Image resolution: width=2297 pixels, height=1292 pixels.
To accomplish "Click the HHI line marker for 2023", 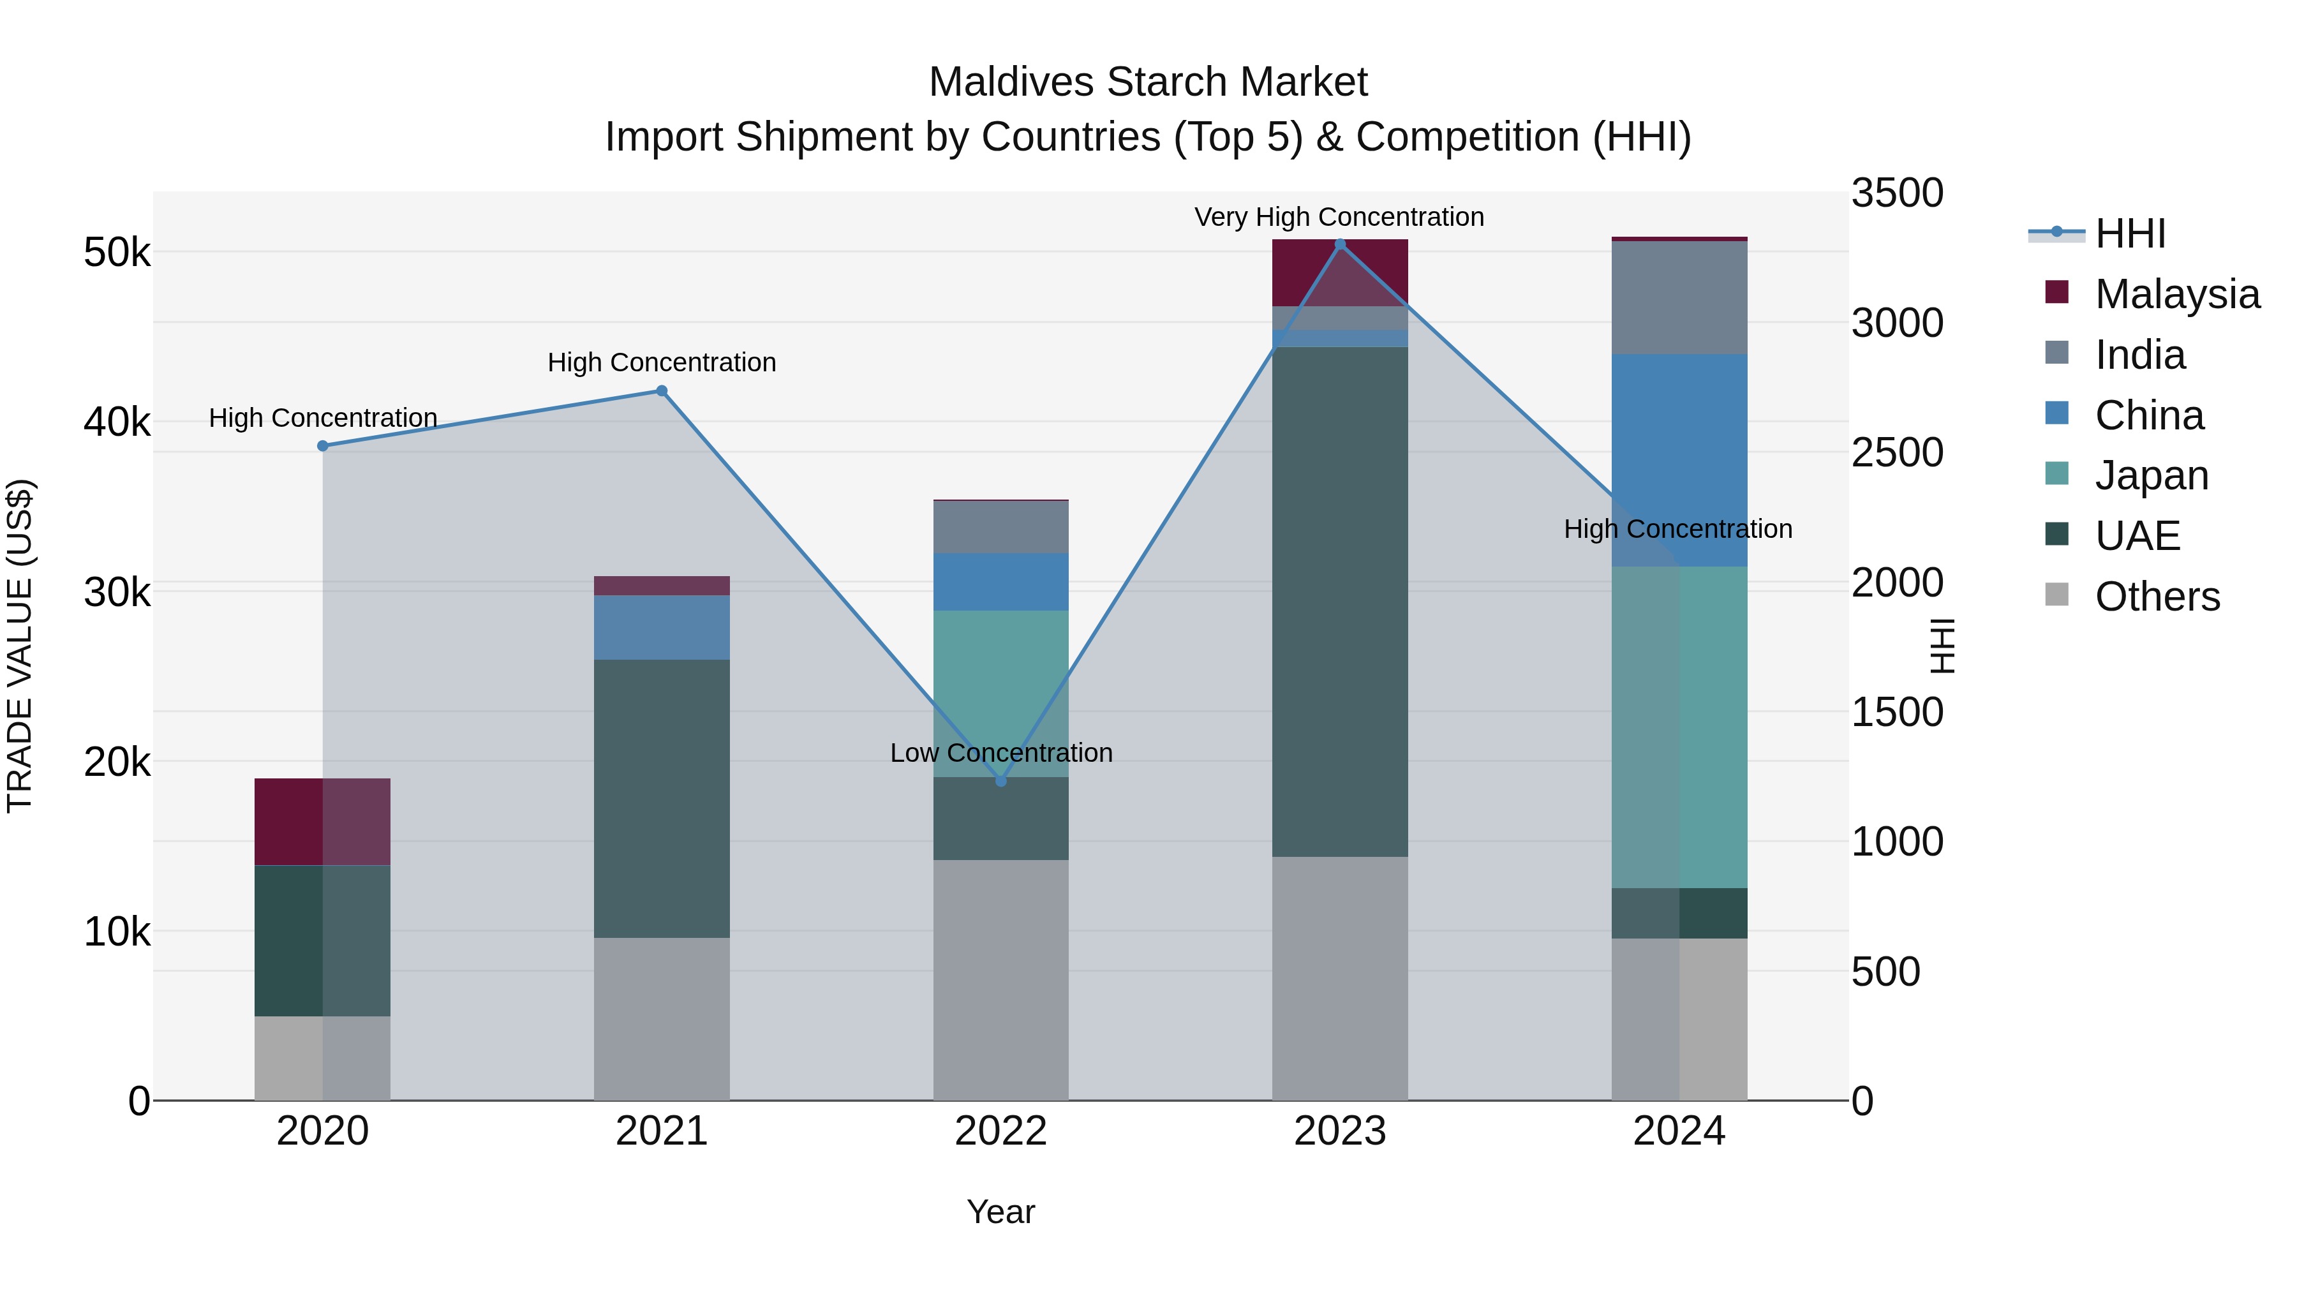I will pyautogui.click(x=1339, y=244).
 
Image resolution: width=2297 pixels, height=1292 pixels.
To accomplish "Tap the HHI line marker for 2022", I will pyautogui.click(x=1000, y=781).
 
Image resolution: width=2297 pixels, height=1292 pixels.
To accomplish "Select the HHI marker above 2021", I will pyautogui.click(x=662, y=390).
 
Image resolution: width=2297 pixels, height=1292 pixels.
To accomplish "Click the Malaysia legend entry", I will pyautogui.click(x=2176, y=294).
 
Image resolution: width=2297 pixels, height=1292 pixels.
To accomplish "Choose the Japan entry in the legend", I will pyautogui.click(x=2151, y=475).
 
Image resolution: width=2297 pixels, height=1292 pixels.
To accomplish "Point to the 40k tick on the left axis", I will pyautogui.click(x=117, y=422).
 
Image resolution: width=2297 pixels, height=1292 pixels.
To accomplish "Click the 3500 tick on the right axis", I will pyautogui.click(x=1897, y=193).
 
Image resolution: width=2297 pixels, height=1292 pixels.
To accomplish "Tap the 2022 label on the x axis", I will pyautogui.click(x=1000, y=1131).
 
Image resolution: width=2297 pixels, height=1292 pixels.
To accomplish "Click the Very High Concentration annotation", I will pyautogui.click(x=1339, y=217).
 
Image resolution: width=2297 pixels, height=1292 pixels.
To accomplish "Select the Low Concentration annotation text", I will pyautogui.click(x=1000, y=753).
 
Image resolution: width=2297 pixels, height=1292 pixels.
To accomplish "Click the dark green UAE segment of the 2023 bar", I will pyautogui.click(x=1339, y=602).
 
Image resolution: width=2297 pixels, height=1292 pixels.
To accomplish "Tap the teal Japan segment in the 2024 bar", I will pyautogui.click(x=1679, y=727).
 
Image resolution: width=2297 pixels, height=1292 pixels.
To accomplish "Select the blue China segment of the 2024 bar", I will pyautogui.click(x=1679, y=459).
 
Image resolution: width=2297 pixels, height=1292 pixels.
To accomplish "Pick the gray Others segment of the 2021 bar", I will pyautogui.click(x=662, y=1018).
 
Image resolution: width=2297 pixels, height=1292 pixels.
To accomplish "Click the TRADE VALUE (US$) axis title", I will pyautogui.click(x=20, y=646).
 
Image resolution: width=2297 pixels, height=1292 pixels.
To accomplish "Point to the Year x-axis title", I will pyautogui.click(x=1000, y=1212).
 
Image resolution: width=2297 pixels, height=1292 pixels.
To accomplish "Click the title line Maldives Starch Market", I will pyautogui.click(x=1148, y=82).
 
